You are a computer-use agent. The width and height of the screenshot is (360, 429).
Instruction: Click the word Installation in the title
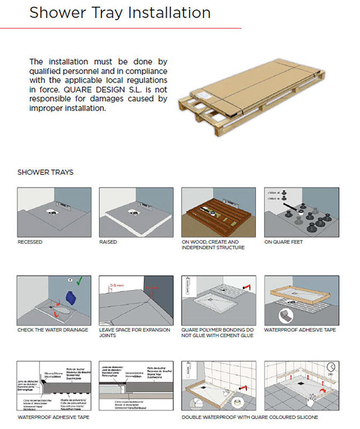[161, 12]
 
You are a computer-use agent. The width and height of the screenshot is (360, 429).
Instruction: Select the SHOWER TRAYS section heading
[45, 173]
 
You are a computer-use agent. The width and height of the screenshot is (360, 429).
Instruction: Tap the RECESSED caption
[30, 242]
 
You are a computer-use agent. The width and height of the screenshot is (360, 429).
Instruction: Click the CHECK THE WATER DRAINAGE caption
[53, 329]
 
